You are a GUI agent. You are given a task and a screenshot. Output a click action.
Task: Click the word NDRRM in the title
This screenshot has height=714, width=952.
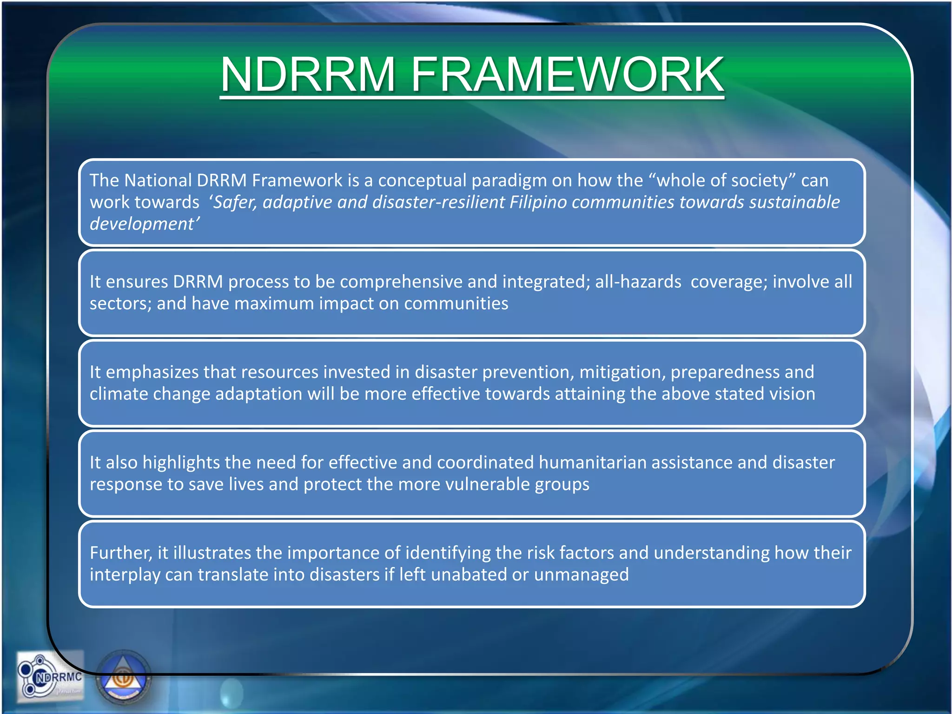coord(308,74)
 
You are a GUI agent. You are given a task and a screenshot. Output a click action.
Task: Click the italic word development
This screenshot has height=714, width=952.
coord(142,224)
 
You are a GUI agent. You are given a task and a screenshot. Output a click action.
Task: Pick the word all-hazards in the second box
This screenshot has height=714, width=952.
coord(638,282)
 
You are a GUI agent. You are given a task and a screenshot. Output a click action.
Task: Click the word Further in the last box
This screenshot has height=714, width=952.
coord(120,553)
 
